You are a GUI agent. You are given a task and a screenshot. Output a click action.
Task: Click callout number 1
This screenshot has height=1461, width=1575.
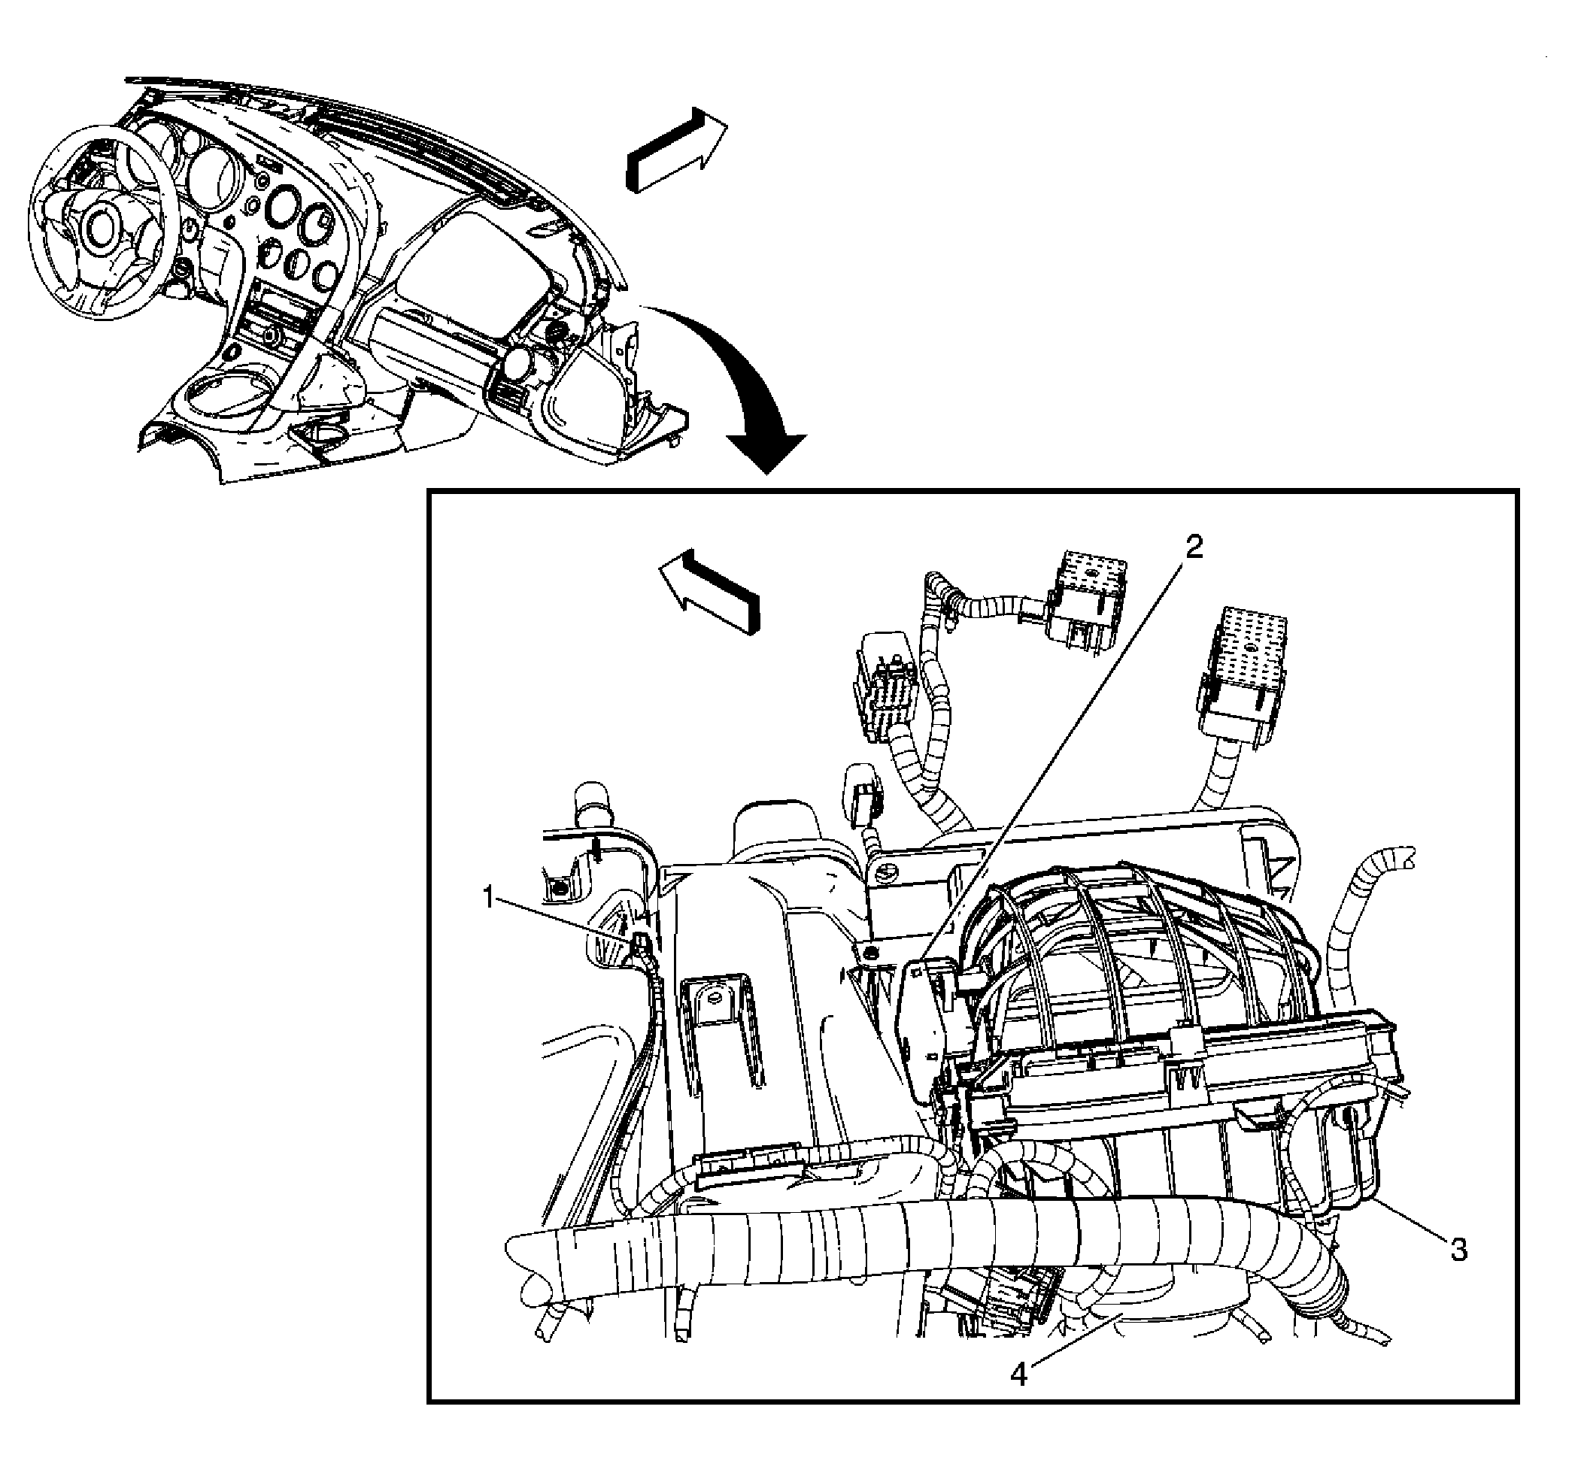tap(490, 898)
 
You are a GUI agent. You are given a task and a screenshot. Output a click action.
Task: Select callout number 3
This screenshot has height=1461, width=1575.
tap(1458, 1250)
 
